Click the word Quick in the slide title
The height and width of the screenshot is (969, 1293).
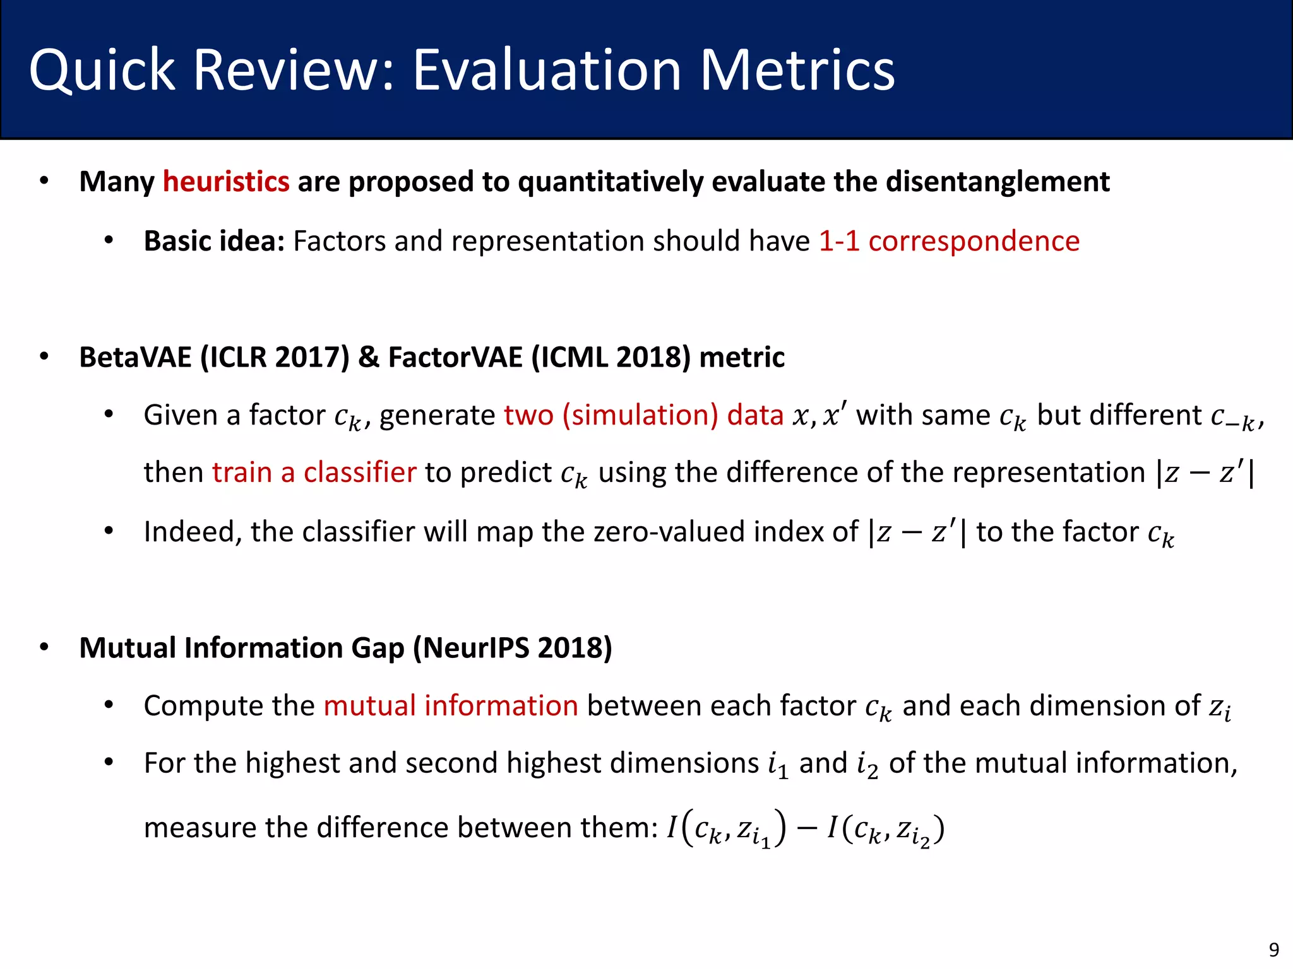tap(102, 71)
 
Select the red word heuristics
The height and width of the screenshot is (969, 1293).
tap(226, 182)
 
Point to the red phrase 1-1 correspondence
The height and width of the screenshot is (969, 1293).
tap(949, 241)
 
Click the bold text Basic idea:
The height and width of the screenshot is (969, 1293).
tap(214, 241)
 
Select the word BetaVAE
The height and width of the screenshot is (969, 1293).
tap(135, 357)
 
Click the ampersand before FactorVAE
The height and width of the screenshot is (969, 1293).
tap(369, 357)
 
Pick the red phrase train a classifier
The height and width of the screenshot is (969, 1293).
tap(314, 473)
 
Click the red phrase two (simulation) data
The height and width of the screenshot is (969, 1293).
tap(644, 415)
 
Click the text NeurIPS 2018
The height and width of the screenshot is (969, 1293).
tap(512, 648)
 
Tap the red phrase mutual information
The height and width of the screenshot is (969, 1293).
tap(451, 705)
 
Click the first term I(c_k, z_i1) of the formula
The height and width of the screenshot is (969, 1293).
tap(727, 828)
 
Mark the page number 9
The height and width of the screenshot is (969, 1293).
tap(1274, 949)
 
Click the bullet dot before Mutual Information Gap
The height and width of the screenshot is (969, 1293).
tap(44, 648)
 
